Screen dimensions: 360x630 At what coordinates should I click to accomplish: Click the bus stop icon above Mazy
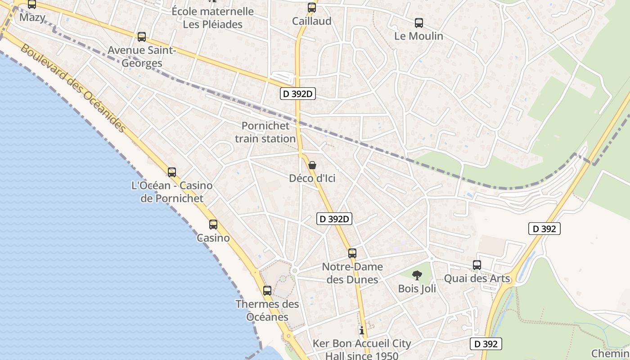coord(31,4)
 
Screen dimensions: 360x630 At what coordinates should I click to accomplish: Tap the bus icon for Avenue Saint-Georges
coord(142,37)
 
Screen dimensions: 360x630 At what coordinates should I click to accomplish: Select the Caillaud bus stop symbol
coord(312,8)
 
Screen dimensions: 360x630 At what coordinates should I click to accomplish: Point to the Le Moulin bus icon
coord(419,23)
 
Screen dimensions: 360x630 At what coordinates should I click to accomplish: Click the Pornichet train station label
coord(265,132)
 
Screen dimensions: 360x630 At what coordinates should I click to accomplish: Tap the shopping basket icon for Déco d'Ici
coord(312,165)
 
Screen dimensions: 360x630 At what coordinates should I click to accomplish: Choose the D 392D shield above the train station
coord(298,94)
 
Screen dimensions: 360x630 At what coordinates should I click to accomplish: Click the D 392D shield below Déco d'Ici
coord(334,219)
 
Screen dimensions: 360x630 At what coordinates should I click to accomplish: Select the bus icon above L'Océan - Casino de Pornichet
coord(171,172)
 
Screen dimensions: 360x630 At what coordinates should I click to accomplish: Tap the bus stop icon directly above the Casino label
coord(213,224)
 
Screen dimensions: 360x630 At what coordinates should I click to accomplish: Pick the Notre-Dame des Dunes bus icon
coord(352,253)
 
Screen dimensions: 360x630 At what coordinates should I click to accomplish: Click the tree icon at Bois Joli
coord(417,275)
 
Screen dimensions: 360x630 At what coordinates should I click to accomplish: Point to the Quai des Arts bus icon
coord(477,265)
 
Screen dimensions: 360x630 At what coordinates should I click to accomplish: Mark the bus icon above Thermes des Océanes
coord(267,291)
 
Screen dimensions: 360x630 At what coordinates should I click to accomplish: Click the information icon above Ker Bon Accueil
coord(362,330)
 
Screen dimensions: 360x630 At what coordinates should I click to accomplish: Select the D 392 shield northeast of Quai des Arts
coord(544,229)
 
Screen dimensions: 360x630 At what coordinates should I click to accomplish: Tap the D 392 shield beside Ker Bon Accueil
coord(486,344)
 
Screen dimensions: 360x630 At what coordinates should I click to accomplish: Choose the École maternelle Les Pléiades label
coord(213,18)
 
